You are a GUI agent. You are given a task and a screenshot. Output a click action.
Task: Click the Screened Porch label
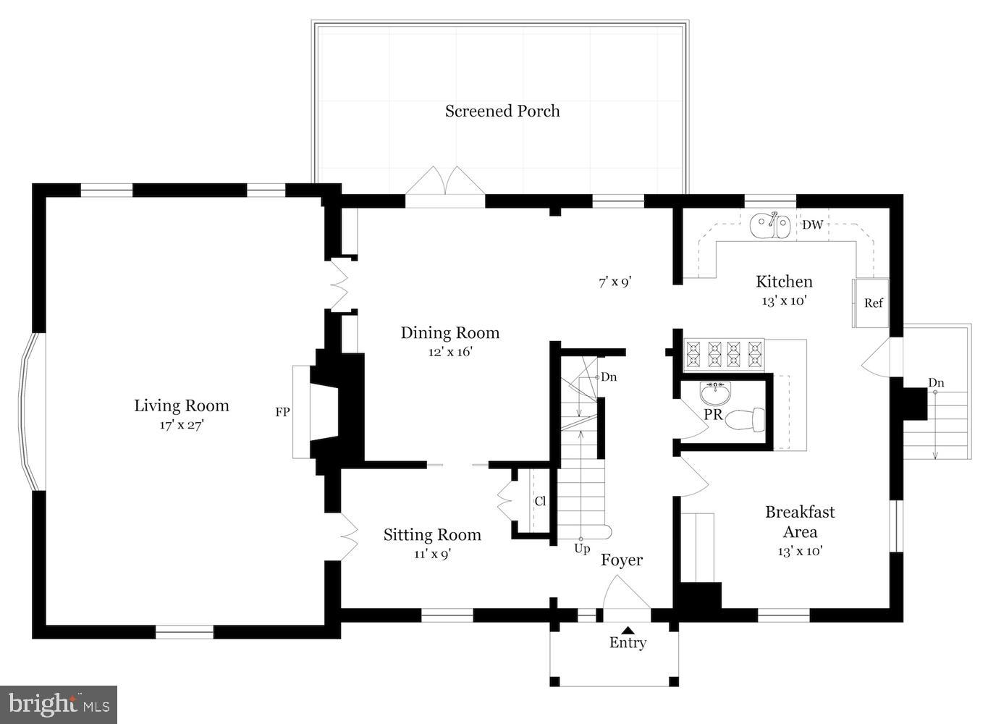pos(502,111)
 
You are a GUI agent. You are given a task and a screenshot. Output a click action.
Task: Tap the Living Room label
pos(182,406)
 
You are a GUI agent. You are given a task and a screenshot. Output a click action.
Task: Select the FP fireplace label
pos(282,413)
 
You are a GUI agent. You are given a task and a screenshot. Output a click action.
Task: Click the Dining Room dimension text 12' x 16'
pos(449,353)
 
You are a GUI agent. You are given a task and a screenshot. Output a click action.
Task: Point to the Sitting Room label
pos(432,535)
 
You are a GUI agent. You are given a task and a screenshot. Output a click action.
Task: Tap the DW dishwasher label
pos(812,225)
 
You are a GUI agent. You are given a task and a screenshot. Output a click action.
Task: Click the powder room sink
pos(716,393)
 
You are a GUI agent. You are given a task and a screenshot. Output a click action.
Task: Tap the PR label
pos(713,415)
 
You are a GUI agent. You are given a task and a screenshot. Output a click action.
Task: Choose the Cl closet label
pos(540,501)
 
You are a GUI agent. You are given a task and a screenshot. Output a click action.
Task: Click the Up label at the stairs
pos(582,549)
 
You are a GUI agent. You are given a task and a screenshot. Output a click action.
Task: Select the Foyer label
pos(622,560)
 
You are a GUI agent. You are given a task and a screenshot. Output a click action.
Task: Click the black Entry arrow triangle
pos(628,631)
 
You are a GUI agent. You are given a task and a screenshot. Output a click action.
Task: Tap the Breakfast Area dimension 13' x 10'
pos(800,551)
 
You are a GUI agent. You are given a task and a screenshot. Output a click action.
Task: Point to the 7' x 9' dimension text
pos(615,282)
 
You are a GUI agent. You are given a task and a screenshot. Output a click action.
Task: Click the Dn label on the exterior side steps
pos(936,383)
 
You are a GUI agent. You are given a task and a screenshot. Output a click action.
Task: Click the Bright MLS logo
pos(59,704)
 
